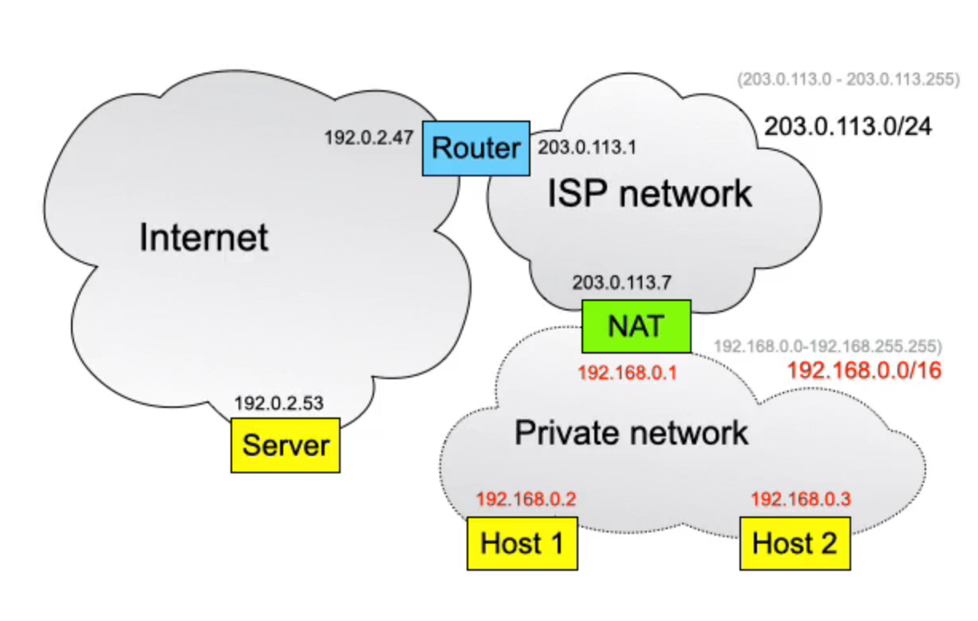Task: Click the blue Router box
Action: (476, 148)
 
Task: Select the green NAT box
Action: (636, 326)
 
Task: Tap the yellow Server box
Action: (286, 445)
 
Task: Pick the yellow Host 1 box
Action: (522, 544)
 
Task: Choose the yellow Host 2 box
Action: (795, 544)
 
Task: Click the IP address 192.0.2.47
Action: (369, 137)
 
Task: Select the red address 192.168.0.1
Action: (627, 373)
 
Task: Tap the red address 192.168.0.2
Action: (526, 500)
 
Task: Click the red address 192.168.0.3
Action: (801, 500)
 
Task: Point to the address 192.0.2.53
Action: (279, 403)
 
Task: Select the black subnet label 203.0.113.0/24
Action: (848, 126)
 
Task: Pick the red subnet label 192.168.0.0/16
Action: (865, 370)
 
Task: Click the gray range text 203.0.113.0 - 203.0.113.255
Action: (849, 80)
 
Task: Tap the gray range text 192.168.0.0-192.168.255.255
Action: (827, 346)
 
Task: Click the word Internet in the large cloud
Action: (204, 238)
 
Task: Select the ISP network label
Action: (649, 193)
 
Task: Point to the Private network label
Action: (631, 433)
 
